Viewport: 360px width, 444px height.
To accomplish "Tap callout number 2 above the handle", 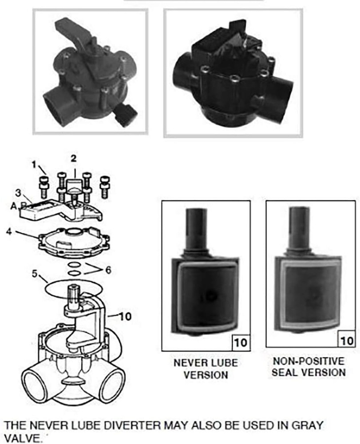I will click(x=74, y=159).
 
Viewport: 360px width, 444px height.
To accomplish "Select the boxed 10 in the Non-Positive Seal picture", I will click(x=347, y=341).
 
